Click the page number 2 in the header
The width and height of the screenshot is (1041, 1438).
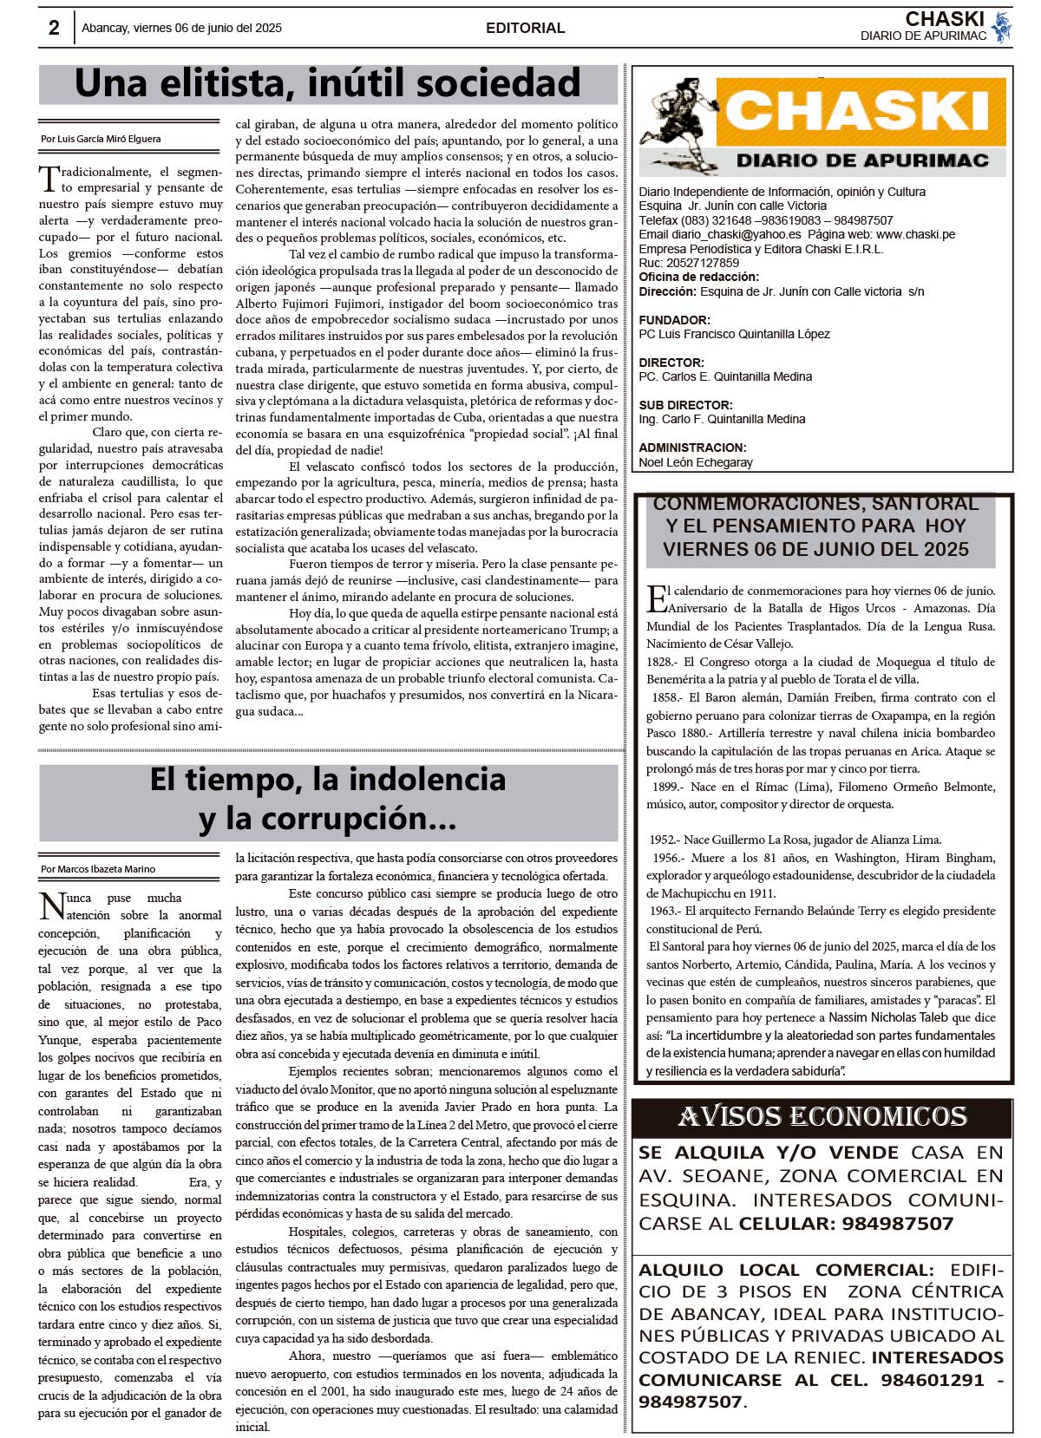[x=54, y=28]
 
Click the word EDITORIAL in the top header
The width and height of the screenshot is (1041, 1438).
[x=525, y=28]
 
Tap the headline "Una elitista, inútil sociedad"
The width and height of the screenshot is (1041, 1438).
[x=327, y=84]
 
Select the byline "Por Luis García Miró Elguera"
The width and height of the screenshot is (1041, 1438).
[x=101, y=139]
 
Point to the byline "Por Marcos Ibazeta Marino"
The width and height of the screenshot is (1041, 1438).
[x=98, y=869]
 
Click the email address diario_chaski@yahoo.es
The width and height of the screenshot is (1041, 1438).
[x=736, y=234]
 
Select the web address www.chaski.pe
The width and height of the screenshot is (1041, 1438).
[x=915, y=234]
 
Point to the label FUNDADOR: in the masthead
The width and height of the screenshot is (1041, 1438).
[x=674, y=320]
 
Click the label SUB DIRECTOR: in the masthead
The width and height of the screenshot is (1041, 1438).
[x=685, y=405]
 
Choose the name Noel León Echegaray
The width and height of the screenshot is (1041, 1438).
[x=696, y=462]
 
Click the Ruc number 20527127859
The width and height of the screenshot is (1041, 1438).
[x=702, y=263]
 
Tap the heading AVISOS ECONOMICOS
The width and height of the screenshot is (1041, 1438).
[x=822, y=1117]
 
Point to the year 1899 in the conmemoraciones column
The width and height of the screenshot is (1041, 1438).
[x=665, y=787]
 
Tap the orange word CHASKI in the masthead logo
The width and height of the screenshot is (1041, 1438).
[x=857, y=112]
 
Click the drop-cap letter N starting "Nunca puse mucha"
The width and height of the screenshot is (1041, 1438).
[x=51, y=906]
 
